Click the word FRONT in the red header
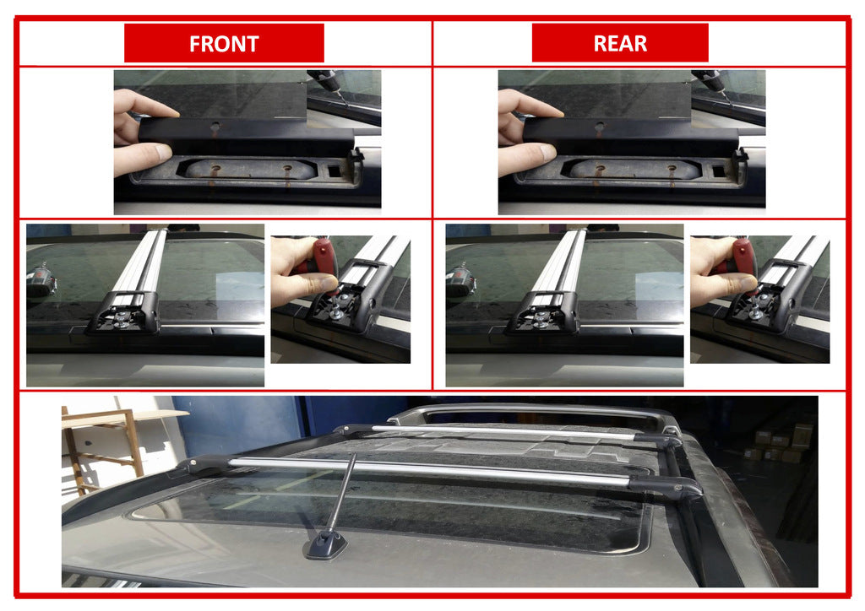coord(224,43)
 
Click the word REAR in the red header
coord(619,43)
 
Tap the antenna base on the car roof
coord(324,546)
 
